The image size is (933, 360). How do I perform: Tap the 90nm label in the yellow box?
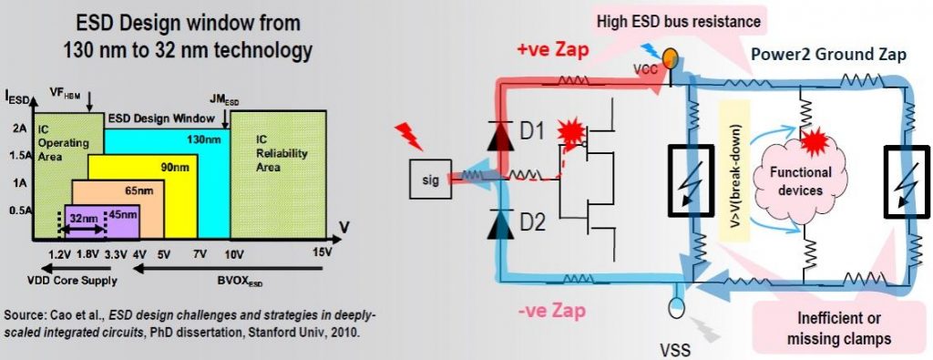pos(169,169)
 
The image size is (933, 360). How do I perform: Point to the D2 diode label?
pos(531,222)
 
